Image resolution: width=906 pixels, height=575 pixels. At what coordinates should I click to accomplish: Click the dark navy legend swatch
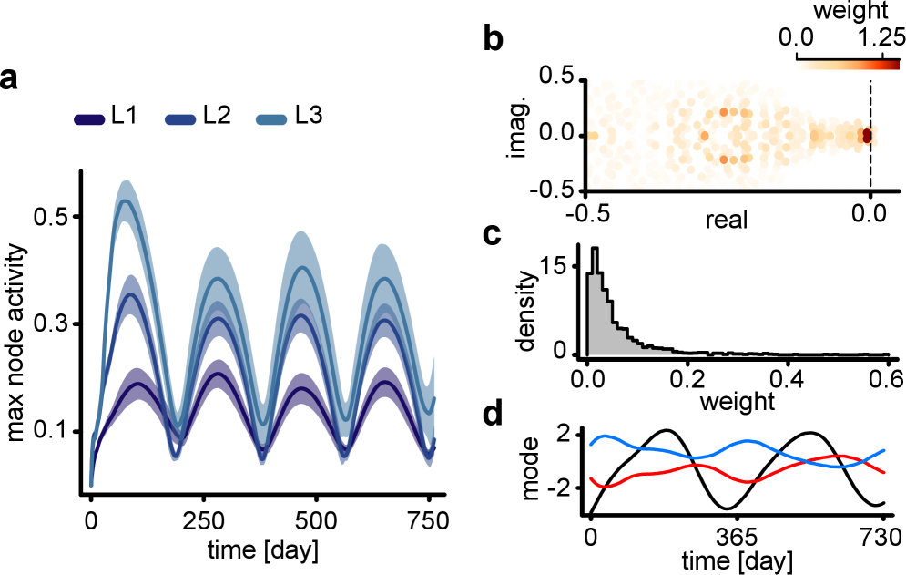point(89,119)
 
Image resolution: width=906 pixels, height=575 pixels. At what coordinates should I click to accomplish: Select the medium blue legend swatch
point(180,119)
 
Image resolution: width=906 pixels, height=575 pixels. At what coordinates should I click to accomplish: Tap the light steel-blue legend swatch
point(271,119)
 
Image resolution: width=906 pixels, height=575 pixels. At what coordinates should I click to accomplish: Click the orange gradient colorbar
point(847,66)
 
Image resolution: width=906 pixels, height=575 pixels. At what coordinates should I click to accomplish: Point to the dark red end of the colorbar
point(896,66)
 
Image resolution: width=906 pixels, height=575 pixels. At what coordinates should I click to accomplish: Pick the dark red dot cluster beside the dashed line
point(867,136)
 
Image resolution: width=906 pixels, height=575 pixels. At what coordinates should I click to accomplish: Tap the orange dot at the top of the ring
point(724,112)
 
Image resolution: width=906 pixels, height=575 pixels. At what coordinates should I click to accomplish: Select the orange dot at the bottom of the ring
point(724,159)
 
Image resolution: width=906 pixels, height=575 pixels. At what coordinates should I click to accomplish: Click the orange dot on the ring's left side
point(704,136)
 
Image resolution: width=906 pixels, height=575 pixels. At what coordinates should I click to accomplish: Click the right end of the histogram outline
point(888,354)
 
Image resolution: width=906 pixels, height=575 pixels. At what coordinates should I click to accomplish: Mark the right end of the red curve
point(884,472)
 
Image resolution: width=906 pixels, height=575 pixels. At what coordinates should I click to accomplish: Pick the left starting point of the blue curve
point(591,445)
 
